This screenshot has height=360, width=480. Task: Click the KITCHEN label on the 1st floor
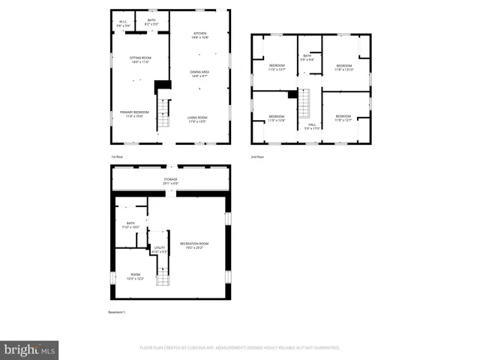click(x=199, y=33)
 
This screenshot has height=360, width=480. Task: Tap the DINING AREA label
click(x=199, y=71)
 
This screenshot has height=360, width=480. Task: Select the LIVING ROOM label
click(x=197, y=117)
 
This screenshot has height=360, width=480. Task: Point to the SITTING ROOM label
click(x=140, y=57)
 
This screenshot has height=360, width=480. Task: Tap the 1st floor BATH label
click(x=151, y=20)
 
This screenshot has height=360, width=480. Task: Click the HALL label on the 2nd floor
click(x=312, y=124)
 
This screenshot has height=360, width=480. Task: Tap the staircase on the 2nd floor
click(x=305, y=103)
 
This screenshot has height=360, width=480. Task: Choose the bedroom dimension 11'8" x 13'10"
click(x=344, y=70)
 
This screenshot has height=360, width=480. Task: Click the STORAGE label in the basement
click(x=172, y=179)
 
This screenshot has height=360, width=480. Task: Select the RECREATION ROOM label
click(x=193, y=243)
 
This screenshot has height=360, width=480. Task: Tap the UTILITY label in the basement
click(x=160, y=247)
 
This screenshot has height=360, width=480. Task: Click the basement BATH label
click(x=130, y=223)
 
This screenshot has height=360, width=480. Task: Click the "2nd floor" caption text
click(x=258, y=157)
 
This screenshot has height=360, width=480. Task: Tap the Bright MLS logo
click(x=30, y=349)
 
